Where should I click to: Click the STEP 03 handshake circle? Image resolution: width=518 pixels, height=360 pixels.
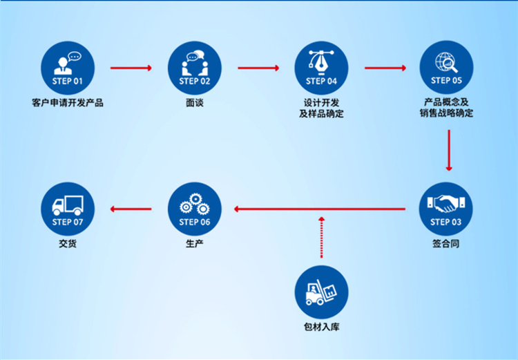pyautogui.click(x=446, y=209)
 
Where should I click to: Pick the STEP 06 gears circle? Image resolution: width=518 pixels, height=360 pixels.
pyautogui.click(x=195, y=209)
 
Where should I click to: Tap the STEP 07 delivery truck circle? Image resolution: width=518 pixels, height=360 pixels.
pyautogui.click(x=68, y=209)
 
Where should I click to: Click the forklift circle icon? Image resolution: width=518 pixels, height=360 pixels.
pyautogui.click(x=321, y=292)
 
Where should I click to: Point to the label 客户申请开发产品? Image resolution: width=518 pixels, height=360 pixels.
pyautogui.click(x=68, y=104)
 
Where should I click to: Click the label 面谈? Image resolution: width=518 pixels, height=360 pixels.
pyautogui.click(x=195, y=104)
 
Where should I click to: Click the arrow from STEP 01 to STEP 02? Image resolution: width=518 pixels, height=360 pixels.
pyautogui.click(x=131, y=68)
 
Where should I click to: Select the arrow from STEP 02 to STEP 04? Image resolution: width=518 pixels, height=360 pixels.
pyautogui.click(x=258, y=68)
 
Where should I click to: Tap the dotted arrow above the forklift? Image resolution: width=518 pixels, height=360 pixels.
pyautogui.click(x=321, y=237)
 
